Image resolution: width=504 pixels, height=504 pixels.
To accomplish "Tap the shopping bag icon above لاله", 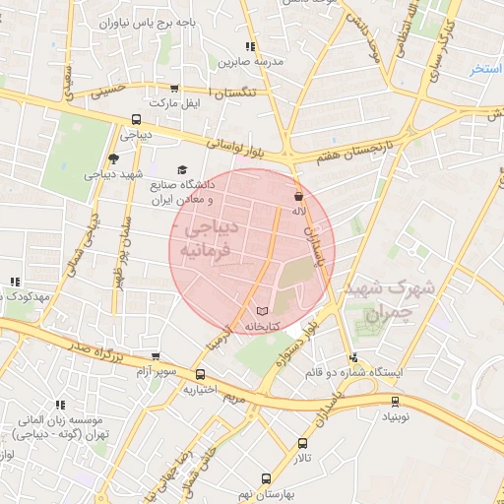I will [x=298, y=196].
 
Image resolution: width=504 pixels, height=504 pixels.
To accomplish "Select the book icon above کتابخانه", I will [x=261, y=311].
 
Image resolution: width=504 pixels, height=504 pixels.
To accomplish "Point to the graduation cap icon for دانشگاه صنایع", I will [x=181, y=169].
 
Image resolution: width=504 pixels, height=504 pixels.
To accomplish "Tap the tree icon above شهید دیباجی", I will [x=114, y=158].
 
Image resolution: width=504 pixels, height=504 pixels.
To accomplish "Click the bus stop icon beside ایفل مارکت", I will [x=175, y=88].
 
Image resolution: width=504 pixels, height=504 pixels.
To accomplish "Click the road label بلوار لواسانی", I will [x=238, y=148].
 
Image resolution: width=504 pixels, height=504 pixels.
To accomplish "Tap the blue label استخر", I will [x=486, y=69].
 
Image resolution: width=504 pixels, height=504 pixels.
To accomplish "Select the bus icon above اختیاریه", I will [x=201, y=374].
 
